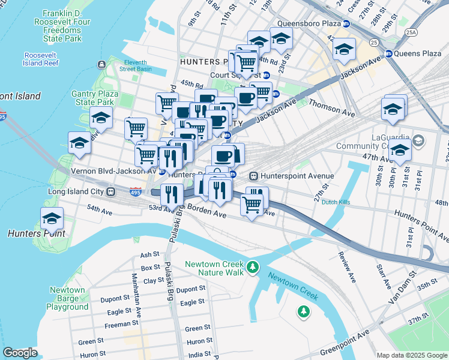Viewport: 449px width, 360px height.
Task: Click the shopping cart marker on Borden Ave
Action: click(x=252, y=205)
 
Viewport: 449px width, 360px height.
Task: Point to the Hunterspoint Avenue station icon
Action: click(x=253, y=176)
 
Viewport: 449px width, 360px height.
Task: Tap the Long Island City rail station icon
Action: click(x=110, y=191)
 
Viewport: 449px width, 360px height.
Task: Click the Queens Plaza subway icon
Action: click(x=388, y=53)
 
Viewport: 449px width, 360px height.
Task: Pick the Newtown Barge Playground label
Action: click(x=68, y=298)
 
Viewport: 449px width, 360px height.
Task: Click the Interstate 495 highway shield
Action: click(x=136, y=192)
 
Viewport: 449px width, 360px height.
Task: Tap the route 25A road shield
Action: click(x=411, y=32)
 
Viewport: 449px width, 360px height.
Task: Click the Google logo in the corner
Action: click(x=20, y=352)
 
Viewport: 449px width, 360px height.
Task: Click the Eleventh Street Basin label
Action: click(x=143, y=65)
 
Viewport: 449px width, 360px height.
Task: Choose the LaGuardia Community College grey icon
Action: click(x=418, y=141)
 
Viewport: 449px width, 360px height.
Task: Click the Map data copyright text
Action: click(x=411, y=355)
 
